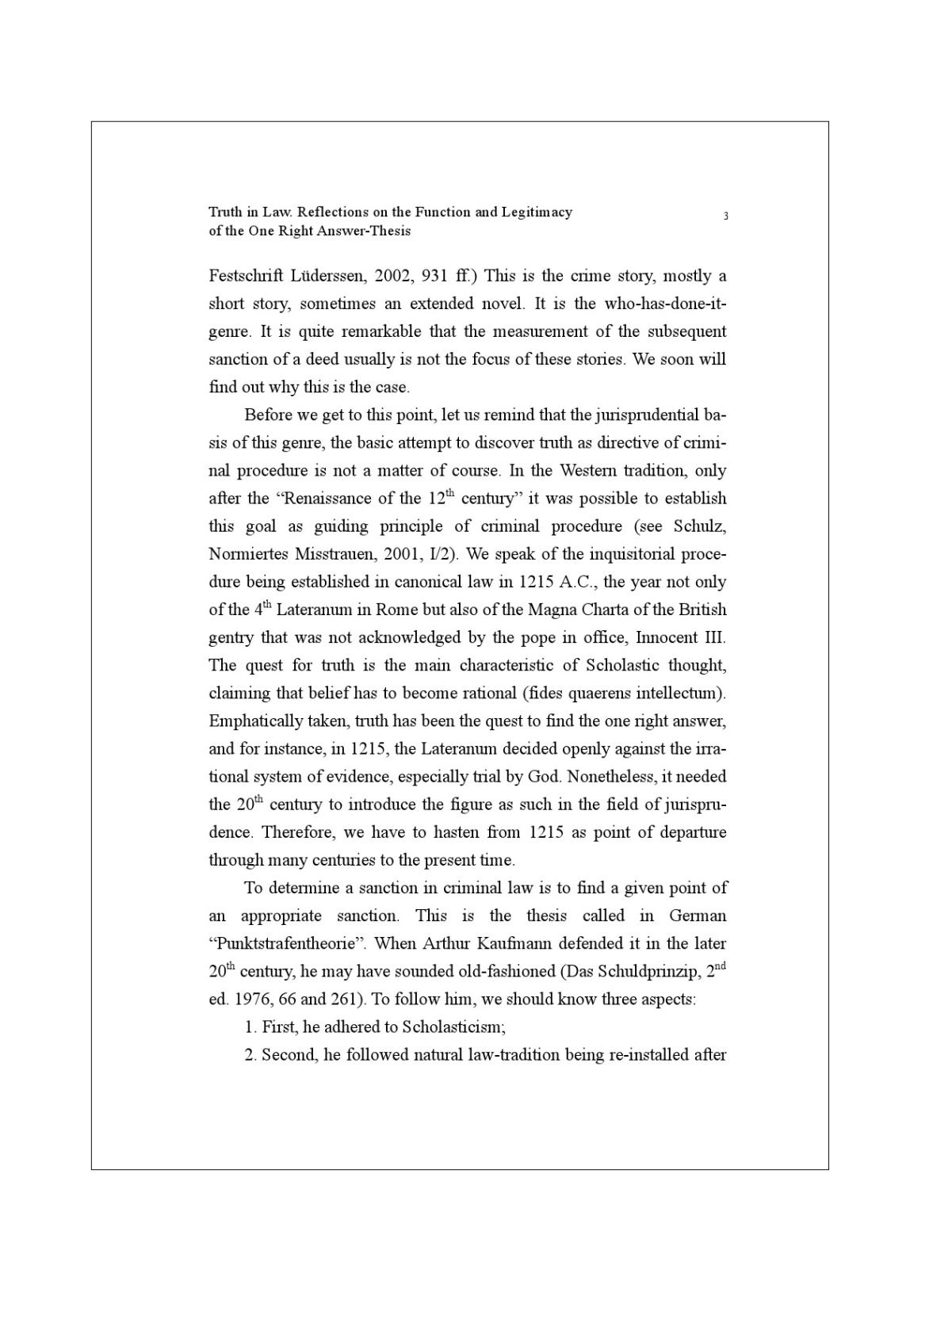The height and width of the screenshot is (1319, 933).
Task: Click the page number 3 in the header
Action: pos(725,216)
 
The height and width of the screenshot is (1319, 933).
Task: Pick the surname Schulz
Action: pos(699,526)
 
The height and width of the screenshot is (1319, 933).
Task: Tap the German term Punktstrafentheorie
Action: pos(285,943)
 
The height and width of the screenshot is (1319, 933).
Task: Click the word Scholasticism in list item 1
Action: pos(453,1027)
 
